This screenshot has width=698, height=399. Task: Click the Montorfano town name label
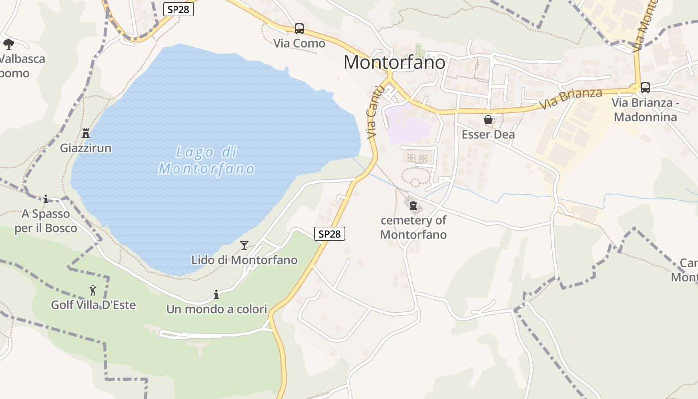tap(394, 62)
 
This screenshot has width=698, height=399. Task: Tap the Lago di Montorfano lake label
tap(206, 160)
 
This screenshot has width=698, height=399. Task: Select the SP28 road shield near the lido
tap(330, 233)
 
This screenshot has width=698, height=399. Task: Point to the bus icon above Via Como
tap(299, 29)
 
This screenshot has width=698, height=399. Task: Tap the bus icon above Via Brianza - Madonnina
tap(645, 88)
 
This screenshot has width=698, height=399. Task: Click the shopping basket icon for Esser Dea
tap(488, 120)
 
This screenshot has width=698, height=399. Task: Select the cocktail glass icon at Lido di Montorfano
tap(244, 245)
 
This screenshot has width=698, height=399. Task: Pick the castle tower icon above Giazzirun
tap(86, 133)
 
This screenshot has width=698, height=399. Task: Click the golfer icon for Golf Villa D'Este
tap(93, 290)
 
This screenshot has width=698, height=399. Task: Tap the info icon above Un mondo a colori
tap(216, 294)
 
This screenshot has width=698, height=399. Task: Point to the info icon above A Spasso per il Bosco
tap(46, 199)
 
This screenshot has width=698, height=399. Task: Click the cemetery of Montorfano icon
tap(413, 205)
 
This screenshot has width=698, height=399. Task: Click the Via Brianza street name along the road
tap(570, 99)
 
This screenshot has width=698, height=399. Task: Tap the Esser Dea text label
tap(488, 135)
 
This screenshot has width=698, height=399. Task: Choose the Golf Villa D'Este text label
tap(93, 305)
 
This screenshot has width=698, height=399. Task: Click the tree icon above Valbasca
tap(8, 44)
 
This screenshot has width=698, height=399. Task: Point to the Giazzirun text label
tap(86, 148)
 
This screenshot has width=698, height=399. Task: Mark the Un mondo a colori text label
tap(216, 309)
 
